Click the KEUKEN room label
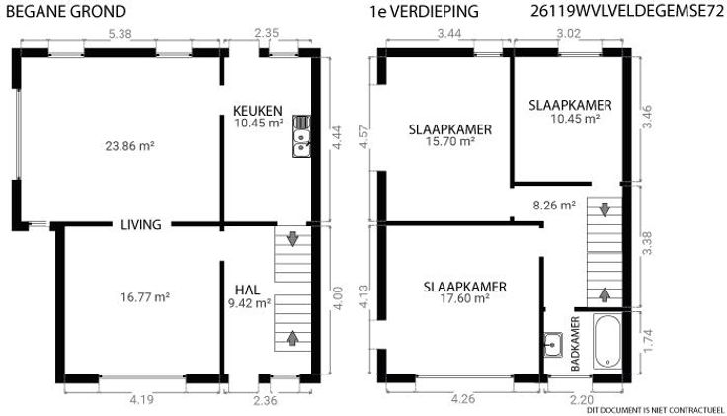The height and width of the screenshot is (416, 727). (x=258, y=111)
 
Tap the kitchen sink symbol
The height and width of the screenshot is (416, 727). (x=301, y=136)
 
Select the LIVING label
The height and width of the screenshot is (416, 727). (x=141, y=225)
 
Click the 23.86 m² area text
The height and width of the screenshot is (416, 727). (x=129, y=146)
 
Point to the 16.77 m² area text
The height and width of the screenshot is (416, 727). (x=145, y=296)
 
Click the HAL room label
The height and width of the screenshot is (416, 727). (x=247, y=291)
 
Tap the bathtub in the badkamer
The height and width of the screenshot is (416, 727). (x=606, y=341)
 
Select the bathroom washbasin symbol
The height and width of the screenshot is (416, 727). (x=553, y=345)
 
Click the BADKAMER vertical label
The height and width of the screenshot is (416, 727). (x=575, y=344)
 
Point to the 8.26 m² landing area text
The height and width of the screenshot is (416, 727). (x=554, y=205)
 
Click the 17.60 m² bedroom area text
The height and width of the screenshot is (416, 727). (x=465, y=298)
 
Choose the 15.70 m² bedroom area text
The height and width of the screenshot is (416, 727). (x=449, y=141)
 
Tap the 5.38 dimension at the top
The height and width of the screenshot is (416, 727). (x=120, y=34)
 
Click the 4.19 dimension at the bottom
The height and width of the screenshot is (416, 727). (x=141, y=400)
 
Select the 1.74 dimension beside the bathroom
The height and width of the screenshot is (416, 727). (x=648, y=340)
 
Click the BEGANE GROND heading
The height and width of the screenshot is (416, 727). (x=66, y=12)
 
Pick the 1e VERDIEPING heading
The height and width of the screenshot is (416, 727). (x=424, y=12)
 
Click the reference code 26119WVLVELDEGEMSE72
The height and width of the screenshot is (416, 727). (x=627, y=12)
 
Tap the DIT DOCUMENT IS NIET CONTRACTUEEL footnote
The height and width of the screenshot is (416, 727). (x=655, y=410)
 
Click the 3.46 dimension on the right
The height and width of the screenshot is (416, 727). (x=647, y=117)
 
